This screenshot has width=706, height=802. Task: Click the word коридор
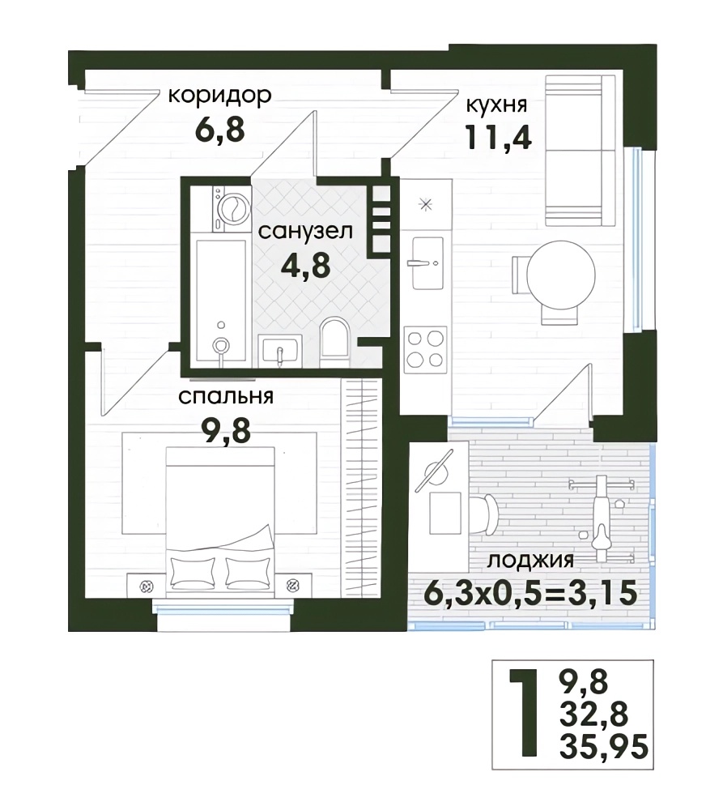click(220, 96)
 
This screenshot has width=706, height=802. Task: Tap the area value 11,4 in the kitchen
click(498, 138)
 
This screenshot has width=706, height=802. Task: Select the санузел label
click(305, 231)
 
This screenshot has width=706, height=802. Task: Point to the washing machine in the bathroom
click(232, 209)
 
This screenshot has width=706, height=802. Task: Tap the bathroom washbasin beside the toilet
click(280, 351)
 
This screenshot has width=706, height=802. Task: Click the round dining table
click(561, 275)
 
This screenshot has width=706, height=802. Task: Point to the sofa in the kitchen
click(580, 150)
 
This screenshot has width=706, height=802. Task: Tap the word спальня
click(225, 396)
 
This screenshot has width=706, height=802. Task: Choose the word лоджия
click(530, 561)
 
